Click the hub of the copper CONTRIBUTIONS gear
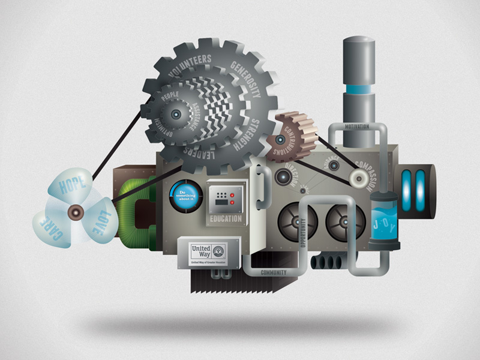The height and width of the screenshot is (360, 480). click(x=280, y=141)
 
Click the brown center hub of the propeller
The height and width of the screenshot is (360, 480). click(x=76, y=211)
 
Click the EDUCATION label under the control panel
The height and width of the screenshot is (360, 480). click(x=225, y=219)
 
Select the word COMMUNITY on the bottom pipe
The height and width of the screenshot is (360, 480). click(x=274, y=272)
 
